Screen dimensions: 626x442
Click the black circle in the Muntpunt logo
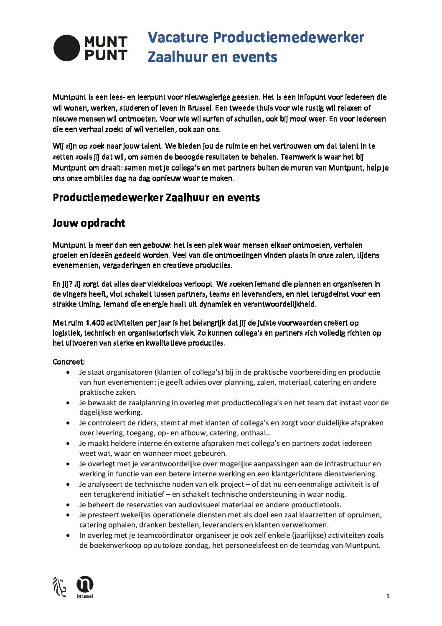point(67,48)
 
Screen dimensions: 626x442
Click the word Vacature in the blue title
point(178,37)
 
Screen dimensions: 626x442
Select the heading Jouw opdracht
point(89,223)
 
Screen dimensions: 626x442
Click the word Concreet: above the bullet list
point(69,362)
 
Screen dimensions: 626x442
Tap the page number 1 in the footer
point(388,596)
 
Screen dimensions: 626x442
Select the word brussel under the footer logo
point(85,596)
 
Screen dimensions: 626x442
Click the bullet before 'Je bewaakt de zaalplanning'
point(68,403)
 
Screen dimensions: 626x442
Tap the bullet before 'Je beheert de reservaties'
point(68,505)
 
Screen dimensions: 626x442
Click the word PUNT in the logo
point(106,55)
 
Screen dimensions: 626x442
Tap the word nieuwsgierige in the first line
point(207,97)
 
